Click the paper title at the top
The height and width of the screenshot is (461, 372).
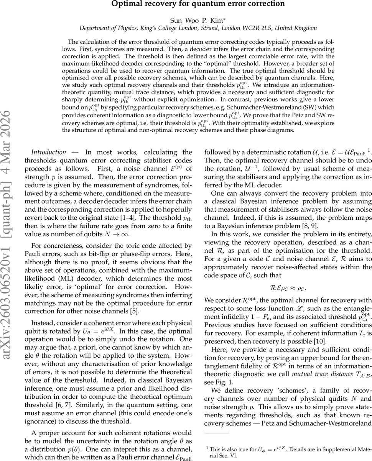pyautogui.click(x=198, y=4)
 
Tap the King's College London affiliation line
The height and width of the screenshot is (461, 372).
pyautogui.click(x=198, y=28)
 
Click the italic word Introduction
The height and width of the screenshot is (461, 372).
pyautogui.click(x=48, y=152)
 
